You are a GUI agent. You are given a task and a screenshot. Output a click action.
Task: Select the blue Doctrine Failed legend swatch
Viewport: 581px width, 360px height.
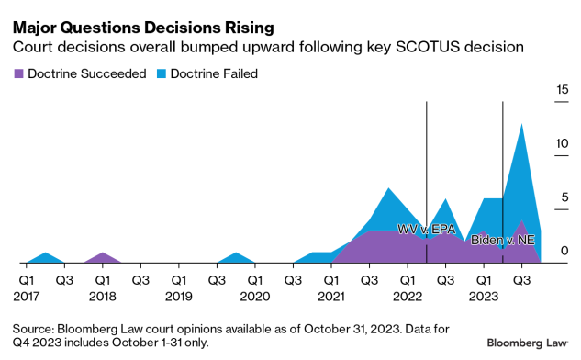click(161, 73)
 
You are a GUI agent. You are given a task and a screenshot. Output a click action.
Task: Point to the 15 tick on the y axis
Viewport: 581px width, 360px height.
click(563, 89)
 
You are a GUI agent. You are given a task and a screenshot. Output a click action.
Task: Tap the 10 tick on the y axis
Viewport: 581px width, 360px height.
click(563, 143)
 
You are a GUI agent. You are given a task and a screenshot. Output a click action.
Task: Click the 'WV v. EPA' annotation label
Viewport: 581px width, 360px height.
click(426, 229)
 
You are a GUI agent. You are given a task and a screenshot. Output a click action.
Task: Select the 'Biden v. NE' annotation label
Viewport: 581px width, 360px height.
click(502, 240)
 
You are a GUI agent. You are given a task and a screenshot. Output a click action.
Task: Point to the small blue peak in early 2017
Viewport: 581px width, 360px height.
click(46, 253)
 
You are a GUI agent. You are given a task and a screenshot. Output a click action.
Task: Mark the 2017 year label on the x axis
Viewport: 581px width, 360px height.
click(27, 296)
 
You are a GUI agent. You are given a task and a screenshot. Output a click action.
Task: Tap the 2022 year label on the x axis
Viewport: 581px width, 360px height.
click(407, 296)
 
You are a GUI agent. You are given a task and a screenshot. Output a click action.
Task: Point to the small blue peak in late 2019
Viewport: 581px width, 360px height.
click(236, 253)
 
